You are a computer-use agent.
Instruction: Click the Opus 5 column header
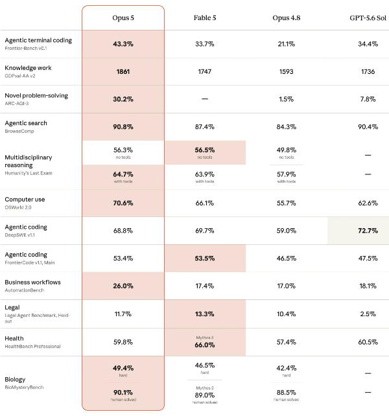click(123, 17)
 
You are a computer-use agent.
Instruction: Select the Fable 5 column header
click(205, 17)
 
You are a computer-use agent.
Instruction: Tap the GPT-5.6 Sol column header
click(368, 17)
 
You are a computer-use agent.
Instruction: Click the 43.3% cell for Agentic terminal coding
click(123, 44)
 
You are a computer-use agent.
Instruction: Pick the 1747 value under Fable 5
click(205, 72)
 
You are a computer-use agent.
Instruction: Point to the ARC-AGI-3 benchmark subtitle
click(17, 104)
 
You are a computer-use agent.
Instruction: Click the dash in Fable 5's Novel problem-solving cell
click(205, 99)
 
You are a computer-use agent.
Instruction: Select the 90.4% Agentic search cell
click(368, 127)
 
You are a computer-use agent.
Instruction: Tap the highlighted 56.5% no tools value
click(205, 150)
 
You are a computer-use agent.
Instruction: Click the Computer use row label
click(25, 199)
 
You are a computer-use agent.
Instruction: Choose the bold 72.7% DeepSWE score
click(368, 231)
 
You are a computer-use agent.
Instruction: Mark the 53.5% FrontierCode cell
click(205, 258)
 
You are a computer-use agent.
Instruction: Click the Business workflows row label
click(32, 282)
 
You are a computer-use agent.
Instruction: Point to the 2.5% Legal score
click(368, 314)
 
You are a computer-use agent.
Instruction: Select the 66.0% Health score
click(205, 345)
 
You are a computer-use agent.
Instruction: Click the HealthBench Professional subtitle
click(32, 347)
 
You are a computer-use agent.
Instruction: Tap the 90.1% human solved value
click(123, 392)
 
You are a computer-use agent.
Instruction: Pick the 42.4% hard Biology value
click(287, 368)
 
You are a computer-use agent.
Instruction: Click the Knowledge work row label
click(28, 68)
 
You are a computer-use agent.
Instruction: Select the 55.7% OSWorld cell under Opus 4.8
click(287, 203)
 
